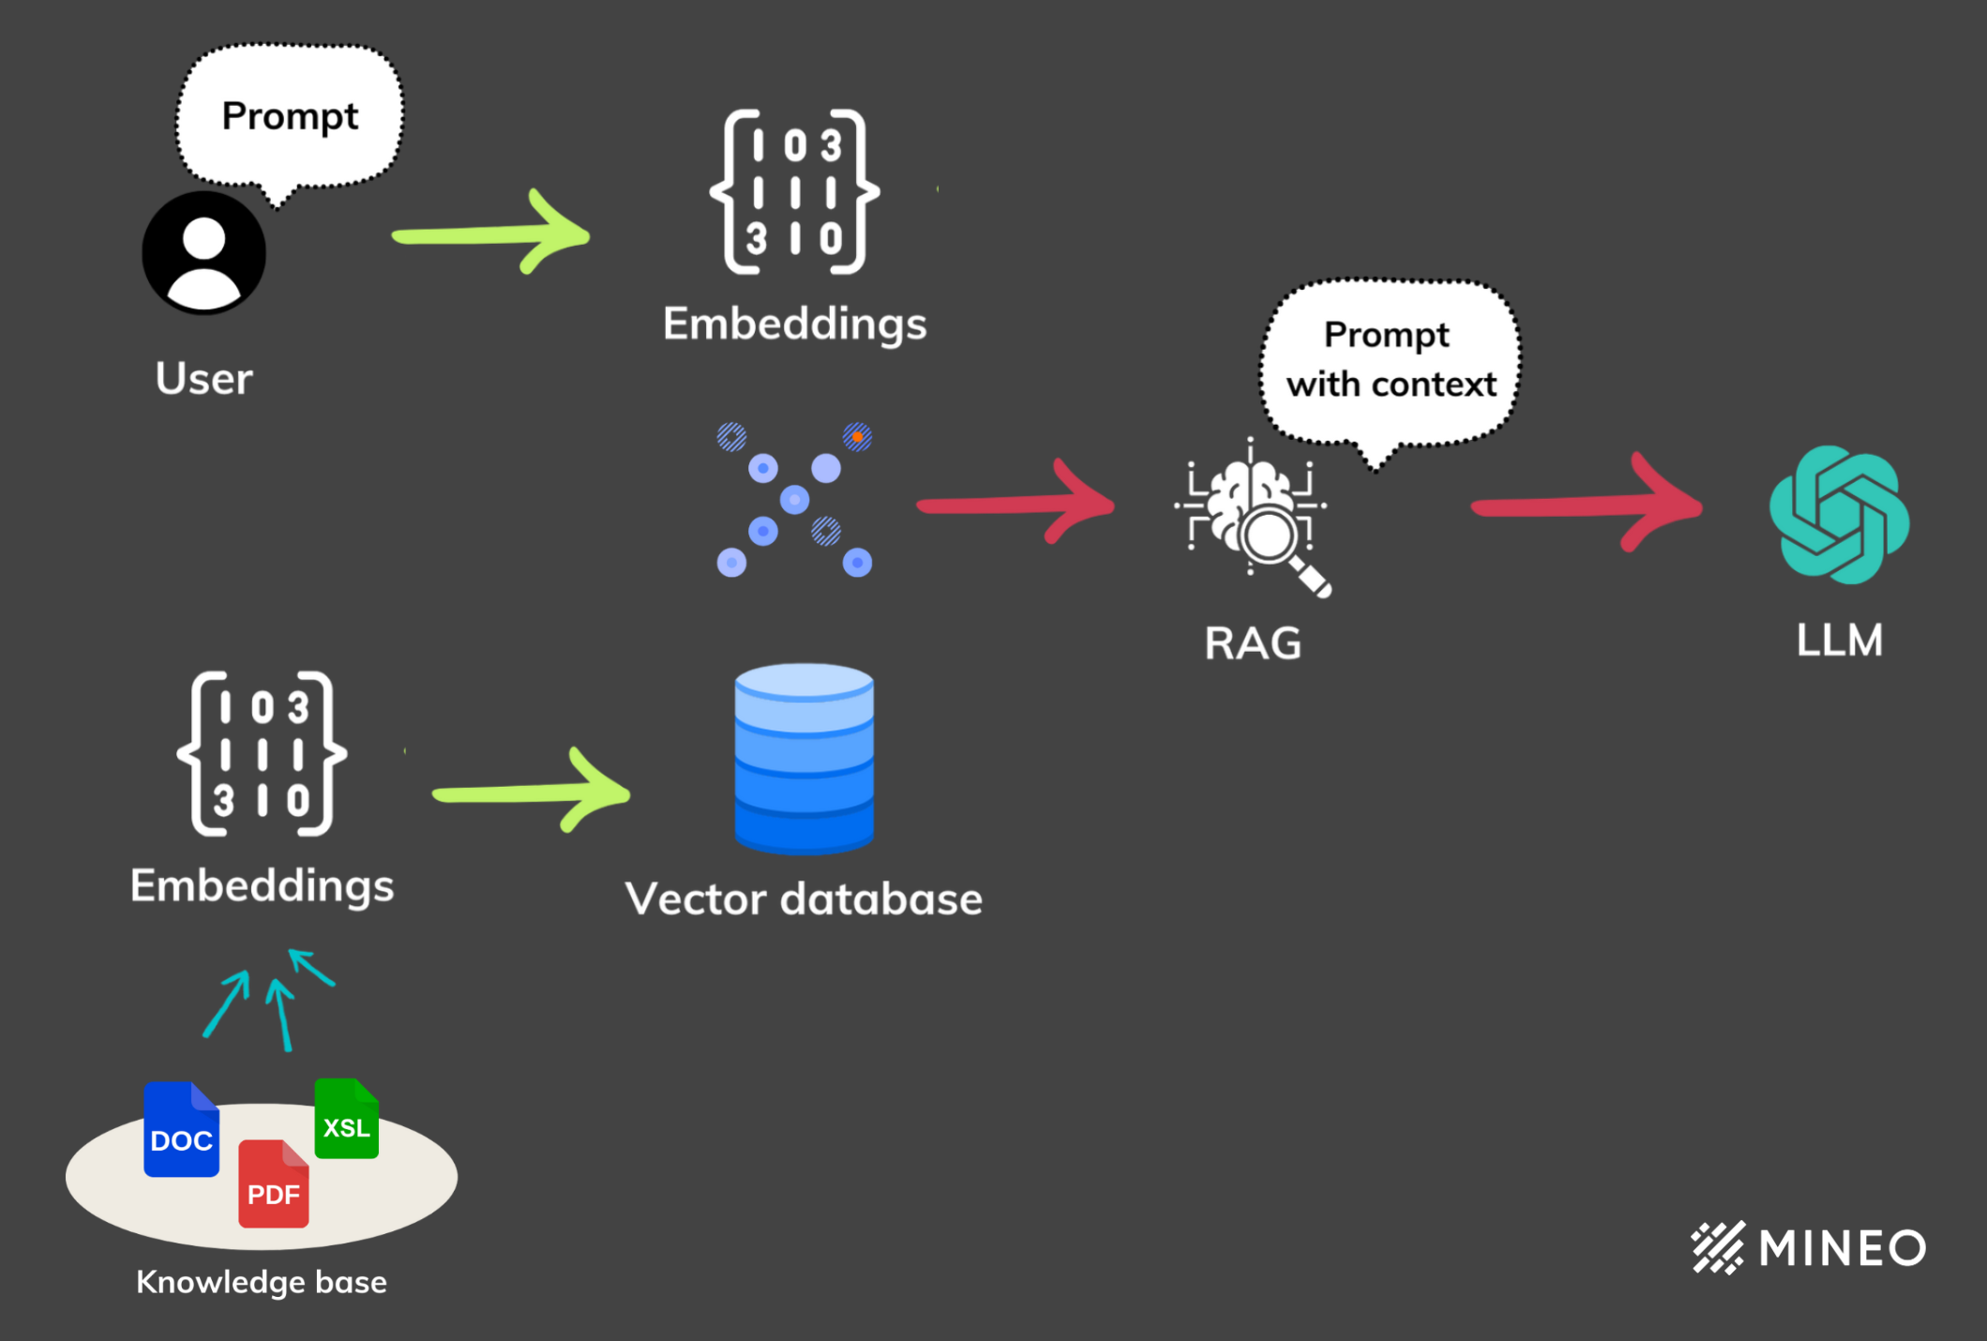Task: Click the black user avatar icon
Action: coord(203,253)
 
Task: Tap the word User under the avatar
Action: coord(203,379)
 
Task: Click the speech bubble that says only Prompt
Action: coord(290,116)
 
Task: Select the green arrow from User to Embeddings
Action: coord(490,234)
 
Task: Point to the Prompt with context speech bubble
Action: coord(1390,361)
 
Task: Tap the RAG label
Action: coord(1253,643)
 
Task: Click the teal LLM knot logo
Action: coord(1839,515)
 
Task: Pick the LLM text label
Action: coord(1839,640)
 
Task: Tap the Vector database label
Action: coord(804,898)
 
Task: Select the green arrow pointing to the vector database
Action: coord(531,793)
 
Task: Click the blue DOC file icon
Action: coord(181,1130)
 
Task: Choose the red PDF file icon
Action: coord(273,1184)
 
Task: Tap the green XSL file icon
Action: coord(346,1119)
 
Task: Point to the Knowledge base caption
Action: coord(262,1282)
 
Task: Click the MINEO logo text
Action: coord(1842,1248)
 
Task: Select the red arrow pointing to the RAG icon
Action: coord(1016,505)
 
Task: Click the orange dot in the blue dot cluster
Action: coord(857,437)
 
